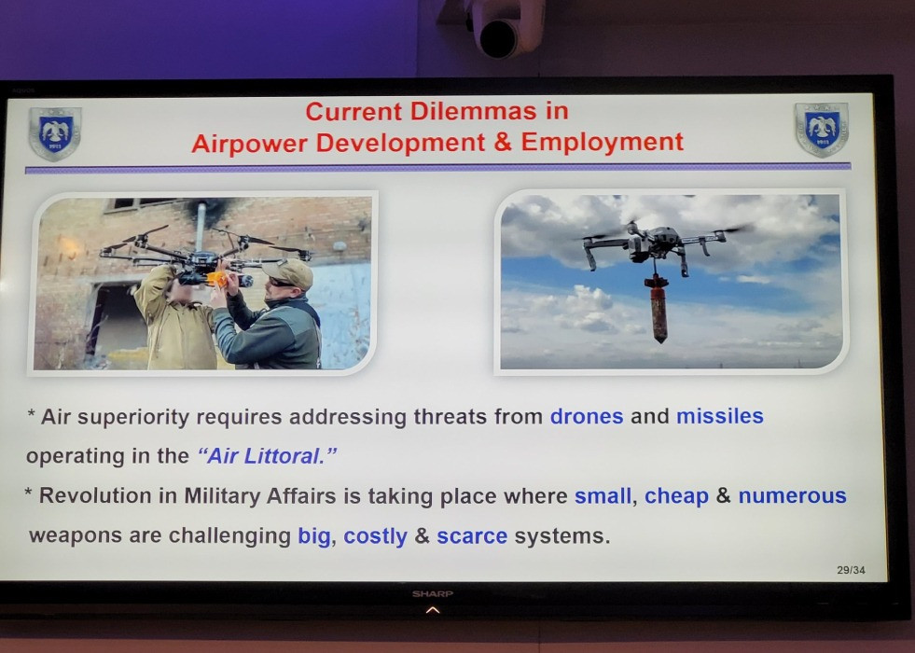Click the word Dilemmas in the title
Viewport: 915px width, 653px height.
pyautogui.click(x=473, y=111)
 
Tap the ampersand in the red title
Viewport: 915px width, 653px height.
pyautogui.click(x=502, y=142)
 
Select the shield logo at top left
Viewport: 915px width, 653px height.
pyautogui.click(x=55, y=133)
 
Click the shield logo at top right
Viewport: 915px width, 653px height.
pyautogui.click(x=822, y=130)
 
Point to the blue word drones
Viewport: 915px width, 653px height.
pyautogui.click(x=587, y=416)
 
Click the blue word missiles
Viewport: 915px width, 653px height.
pyautogui.click(x=719, y=416)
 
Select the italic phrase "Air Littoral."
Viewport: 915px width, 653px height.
pyautogui.click(x=268, y=456)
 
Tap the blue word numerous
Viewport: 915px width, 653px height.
pyautogui.click(x=792, y=496)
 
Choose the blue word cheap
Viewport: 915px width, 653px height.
pyautogui.click(x=676, y=497)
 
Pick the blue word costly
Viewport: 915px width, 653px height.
pyautogui.click(x=375, y=536)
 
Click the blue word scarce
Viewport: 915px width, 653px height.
pyautogui.click(x=472, y=536)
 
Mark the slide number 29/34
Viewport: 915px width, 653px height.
pyautogui.click(x=851, y=570)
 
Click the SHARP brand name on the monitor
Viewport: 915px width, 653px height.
pyautogui.click(x=433, y=593)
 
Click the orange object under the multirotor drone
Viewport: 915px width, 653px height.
pyautogui.click(x=217, y=279)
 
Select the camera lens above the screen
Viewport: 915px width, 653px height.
pyautogui.click(x=499, y=39)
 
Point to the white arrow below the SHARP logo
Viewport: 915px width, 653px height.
pyautogui.click(x=433, y=610)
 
